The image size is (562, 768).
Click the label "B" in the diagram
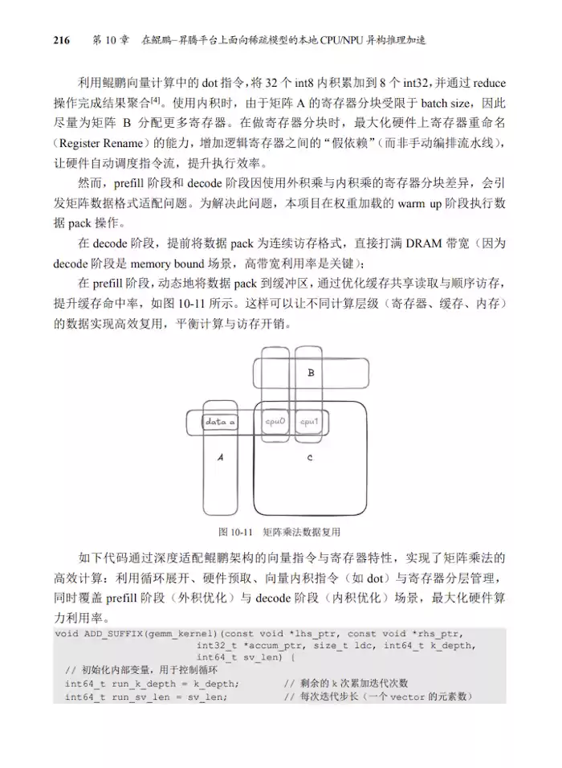[312, 373]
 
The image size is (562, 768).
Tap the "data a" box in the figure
[220, 422]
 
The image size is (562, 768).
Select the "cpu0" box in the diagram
[275, 421]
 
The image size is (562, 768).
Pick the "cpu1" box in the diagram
[309, 421]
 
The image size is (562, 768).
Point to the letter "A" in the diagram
[221, 455]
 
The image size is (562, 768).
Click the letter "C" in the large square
[310, 456]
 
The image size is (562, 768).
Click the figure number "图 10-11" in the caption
[236, 532]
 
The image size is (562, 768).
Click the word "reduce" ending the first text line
[489, 82]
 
